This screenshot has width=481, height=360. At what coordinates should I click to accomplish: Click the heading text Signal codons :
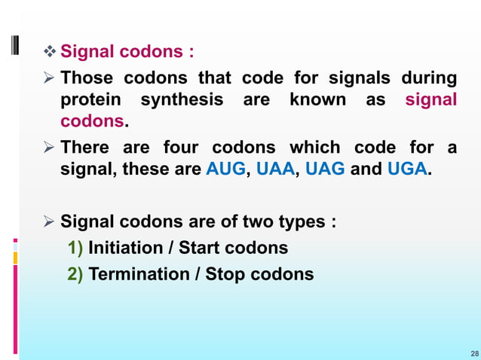tap(127, 53)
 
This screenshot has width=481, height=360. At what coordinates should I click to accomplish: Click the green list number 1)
tap(75, 248)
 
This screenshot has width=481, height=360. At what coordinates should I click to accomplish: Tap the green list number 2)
tap(75, 273)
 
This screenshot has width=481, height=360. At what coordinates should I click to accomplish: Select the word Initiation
tap(125, 248)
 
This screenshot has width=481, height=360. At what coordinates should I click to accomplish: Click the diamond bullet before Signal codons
tap(51, 53)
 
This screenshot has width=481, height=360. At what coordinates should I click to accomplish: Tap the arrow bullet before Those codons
tap(50, 78)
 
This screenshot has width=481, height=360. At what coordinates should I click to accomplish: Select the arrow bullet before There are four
tap(50, 148)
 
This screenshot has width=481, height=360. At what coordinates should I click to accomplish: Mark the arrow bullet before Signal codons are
tap(50, 222)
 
